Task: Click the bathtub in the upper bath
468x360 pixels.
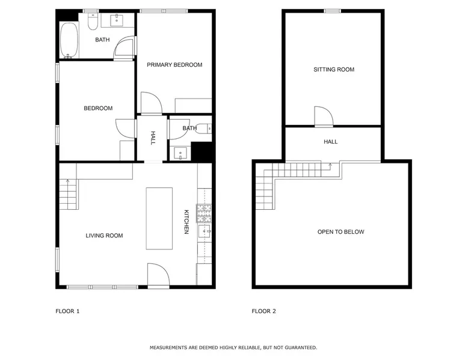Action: [69, 40]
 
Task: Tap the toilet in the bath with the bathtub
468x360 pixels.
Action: [93, 21]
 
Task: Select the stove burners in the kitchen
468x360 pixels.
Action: [204, 213]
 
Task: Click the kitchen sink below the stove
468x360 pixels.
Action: [205, 231]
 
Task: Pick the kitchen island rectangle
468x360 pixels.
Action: [159, 218]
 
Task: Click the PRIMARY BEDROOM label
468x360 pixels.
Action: [174, 65]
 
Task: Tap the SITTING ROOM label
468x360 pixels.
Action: [334, 70]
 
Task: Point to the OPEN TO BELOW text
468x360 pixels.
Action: [341, 232]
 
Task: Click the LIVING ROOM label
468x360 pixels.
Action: [104, 236]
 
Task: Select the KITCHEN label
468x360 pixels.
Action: [186, 222]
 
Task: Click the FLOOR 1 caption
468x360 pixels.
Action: [67, 311]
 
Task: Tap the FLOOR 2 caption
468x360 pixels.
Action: [264, 311]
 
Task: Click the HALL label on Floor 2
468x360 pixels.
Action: [331, 142]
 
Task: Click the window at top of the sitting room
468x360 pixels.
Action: [333, 11]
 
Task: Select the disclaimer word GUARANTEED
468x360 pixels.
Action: [301, 347]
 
